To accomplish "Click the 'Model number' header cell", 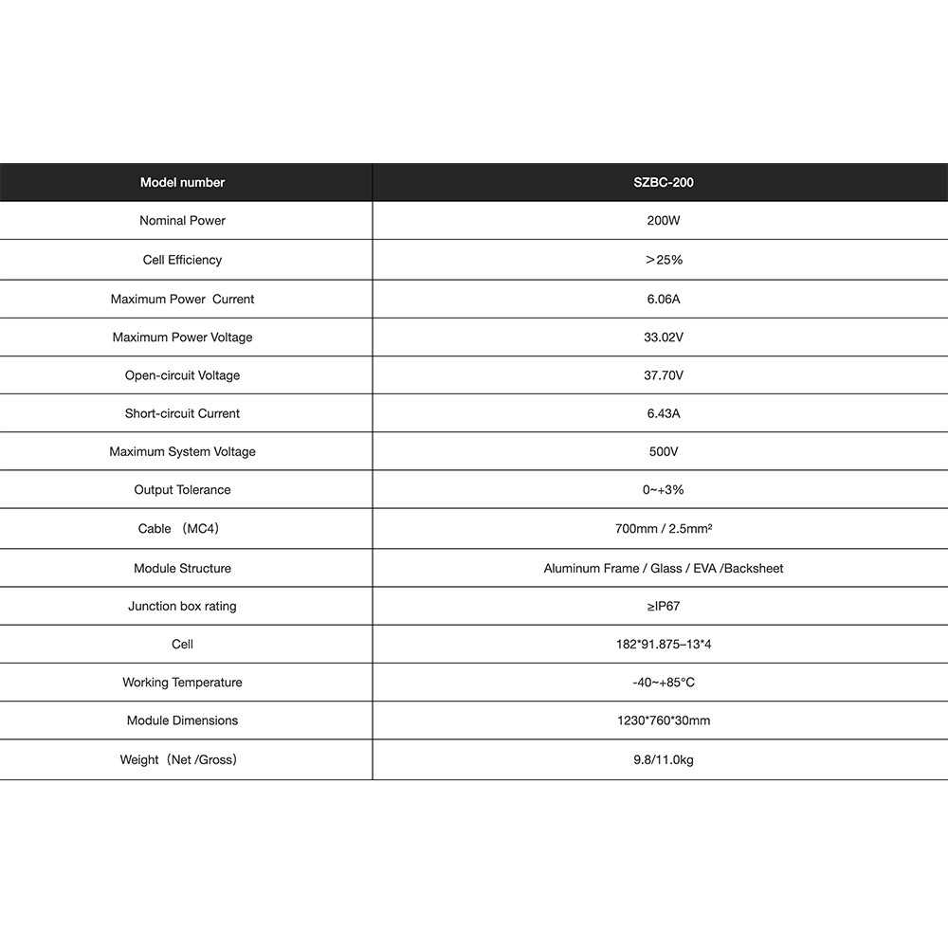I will [182, 182].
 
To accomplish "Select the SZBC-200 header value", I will [664, 182].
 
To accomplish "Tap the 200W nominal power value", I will [664, 221].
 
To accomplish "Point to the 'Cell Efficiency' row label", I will [182, 260].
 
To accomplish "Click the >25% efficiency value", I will [664, 260].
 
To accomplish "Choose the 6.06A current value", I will [664, 299].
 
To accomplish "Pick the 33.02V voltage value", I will [664, 337].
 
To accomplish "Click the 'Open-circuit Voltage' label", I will [182, 375].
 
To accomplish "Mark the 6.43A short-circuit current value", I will [664, 413].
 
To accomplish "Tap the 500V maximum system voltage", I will [664, 452].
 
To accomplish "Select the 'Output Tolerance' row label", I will [182, 490].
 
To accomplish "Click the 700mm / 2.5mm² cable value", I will [664, 529].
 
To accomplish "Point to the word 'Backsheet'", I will [754, 569].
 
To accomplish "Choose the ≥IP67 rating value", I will [664, 607].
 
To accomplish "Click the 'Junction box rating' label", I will [182, 607].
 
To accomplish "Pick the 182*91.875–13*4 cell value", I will [664, 645].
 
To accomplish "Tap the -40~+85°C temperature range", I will [664, 683].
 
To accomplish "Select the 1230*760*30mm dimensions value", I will [664, 721].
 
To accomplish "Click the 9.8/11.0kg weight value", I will [664, 760].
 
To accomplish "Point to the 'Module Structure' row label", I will [182, 569].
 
